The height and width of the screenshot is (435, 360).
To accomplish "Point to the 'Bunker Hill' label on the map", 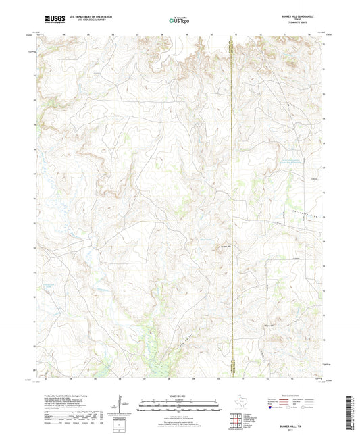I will [x=226, y=246].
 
